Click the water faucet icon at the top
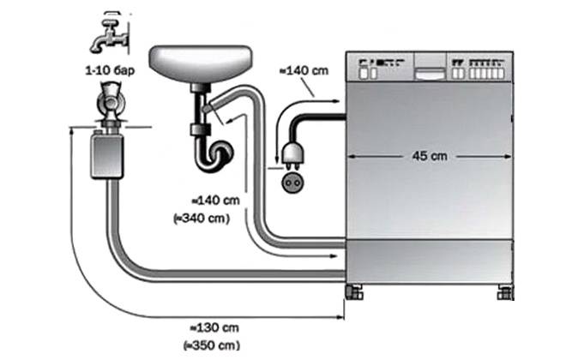click(x=110, y=34)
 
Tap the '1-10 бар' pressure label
click(x=110, y=70)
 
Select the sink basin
click(x=201, y=64)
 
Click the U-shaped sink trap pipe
click(x=213, y=153)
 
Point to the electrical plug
click(x=292, y=153)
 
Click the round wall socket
click(x=292, y=183)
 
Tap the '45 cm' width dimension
click(x=430, y=156)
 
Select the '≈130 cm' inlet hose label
click(x=214, y=328)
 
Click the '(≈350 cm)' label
click(x=212, y=345)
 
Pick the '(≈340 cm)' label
click(x=202, y=218)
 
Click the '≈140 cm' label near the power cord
click(x=304, y=70)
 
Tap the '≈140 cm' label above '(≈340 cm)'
click(x=215, y=201)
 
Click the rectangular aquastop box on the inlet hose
click(x=107, y=155)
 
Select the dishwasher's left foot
click(x=353, y=291)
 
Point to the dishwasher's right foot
click(x=505, y=291)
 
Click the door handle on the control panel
click(x=431, y=74)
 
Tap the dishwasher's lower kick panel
click(x=429, y=261)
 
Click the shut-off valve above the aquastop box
click(x=110, y=103)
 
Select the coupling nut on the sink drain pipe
click(x=201, y=129)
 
